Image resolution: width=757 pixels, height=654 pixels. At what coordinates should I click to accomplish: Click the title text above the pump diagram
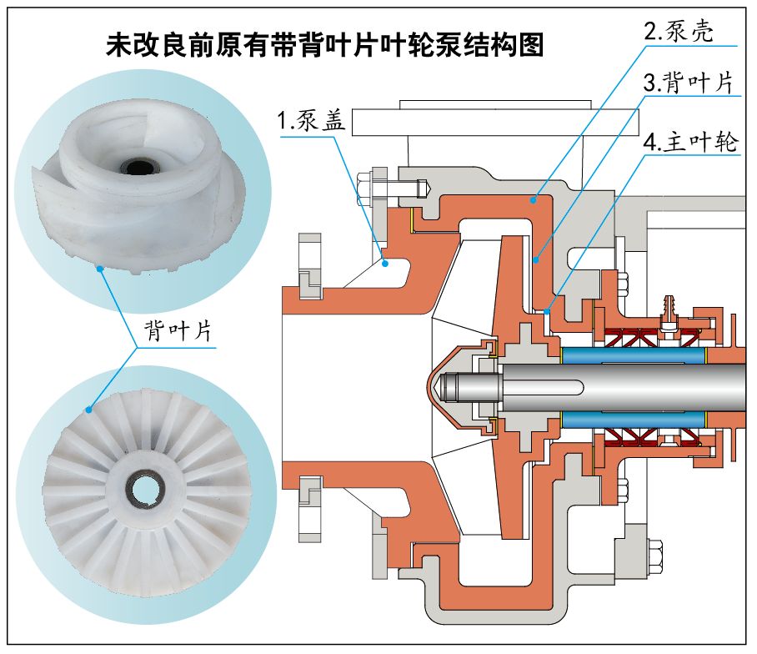[325, 44]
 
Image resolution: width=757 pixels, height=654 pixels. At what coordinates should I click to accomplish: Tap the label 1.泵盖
[310, 121]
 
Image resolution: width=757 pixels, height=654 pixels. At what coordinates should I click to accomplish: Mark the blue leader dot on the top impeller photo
[99, 268]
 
